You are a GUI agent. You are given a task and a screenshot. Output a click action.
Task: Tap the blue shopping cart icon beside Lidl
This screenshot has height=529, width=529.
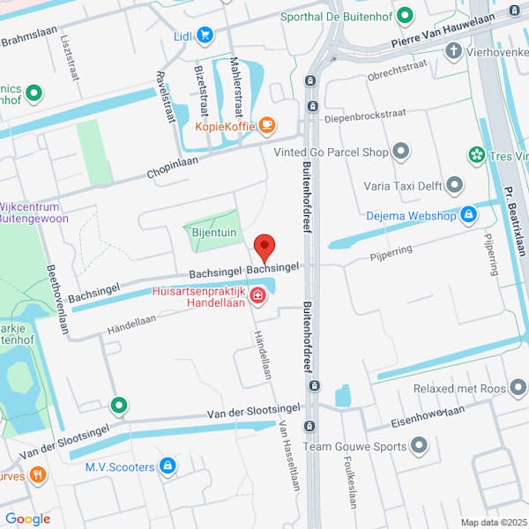pyautogui.click(x=205, y=35)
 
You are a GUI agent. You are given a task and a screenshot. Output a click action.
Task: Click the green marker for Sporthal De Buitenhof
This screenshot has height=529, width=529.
pyautogui.click(x=405, y=16)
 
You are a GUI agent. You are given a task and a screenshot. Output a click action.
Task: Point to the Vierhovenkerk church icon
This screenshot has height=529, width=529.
pyautogui.click(x=453, y=51)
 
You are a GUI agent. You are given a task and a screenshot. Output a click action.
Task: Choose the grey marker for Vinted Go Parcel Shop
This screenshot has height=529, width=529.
pyautogui.click(x=402, y=153)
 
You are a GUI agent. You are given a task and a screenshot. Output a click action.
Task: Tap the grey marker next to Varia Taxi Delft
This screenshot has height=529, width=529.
pyautogui.click(x=454, y=185)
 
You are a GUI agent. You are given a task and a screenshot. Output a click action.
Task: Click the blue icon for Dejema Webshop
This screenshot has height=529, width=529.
pyautogui.click(x=468, y=214)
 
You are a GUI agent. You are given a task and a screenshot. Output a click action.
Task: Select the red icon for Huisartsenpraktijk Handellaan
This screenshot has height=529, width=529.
pyautogui.click(x=257, y=295)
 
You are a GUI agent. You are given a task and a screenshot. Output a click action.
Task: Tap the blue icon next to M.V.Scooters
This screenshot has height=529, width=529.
pyautogui.click(x=168, y=466)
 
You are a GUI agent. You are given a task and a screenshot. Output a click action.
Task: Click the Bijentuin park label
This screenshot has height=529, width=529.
pyautogui.click(x=212, y=233)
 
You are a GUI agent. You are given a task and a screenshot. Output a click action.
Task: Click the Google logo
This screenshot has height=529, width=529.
pyautogui.click(x=27, y=519)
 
